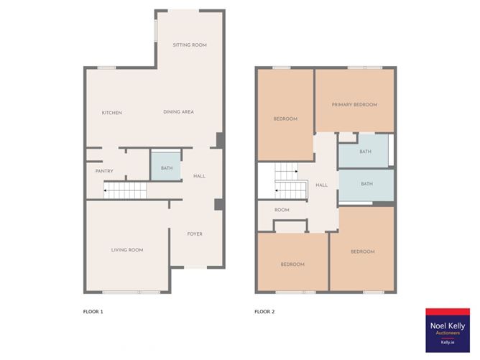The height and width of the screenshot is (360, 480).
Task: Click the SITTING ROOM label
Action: (190, 45)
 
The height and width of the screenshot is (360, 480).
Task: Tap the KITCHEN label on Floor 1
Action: (111, 113)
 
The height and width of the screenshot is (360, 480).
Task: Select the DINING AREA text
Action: (178, 112)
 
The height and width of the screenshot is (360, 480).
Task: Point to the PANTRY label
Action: (104, 171)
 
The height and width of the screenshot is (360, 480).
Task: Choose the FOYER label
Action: (195, 234)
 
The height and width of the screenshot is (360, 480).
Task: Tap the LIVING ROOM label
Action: (127, 250)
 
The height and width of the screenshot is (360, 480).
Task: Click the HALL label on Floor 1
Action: (199, 176)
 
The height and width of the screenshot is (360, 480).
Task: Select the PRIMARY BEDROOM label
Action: (354, 105)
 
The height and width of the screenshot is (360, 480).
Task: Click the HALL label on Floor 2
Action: (321, 185)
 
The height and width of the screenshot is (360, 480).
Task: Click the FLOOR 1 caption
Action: (93, 312)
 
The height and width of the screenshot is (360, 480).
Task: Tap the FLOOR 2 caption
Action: (264, 312)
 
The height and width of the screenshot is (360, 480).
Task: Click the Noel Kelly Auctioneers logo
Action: (448, 331)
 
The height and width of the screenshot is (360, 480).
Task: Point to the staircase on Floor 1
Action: (125, 190)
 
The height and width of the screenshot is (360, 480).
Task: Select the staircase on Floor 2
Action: (290, 180)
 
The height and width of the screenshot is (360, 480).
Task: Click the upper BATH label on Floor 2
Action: (365, 152)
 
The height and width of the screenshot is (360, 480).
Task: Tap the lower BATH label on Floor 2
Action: (366, 184)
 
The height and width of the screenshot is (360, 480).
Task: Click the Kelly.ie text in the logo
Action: (448, 343)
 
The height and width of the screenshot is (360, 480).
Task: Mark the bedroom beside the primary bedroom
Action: (285, 115)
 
